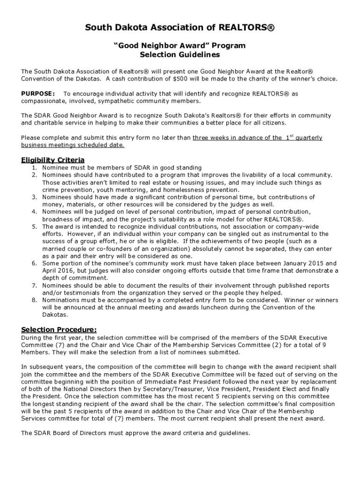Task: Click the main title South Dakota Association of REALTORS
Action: pos(180,29)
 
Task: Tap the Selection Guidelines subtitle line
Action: pos(180,55)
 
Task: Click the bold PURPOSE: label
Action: pos(38,94)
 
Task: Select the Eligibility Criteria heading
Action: pos(53,160)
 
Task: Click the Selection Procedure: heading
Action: pos(59,330)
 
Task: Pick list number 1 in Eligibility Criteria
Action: pos(34,167)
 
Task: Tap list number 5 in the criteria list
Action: pos(34,226)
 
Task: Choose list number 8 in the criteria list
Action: pos(34,300)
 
